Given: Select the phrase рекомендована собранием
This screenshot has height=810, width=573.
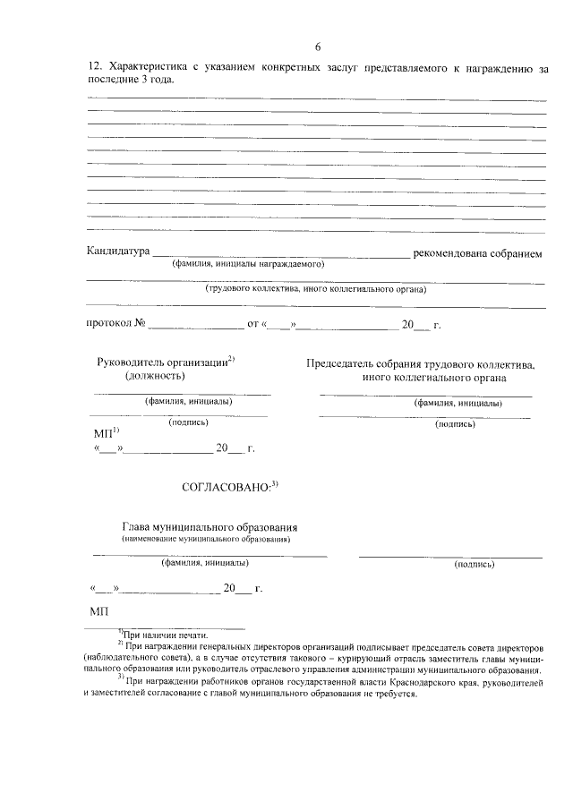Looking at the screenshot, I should (477, 253).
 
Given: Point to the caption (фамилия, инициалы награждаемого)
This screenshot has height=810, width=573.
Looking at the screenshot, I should (248, 265).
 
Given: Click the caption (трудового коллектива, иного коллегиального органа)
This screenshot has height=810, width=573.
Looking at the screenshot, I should (315, 289).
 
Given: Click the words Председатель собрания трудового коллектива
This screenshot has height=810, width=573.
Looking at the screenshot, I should (421, 364).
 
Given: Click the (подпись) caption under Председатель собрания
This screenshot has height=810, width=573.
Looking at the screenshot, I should (455, 424).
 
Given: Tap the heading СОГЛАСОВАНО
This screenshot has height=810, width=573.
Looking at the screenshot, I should (227, 488).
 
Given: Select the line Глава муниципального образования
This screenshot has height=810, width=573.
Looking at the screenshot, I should (210, 528).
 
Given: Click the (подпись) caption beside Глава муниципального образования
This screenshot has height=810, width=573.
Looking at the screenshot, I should (475, 565).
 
